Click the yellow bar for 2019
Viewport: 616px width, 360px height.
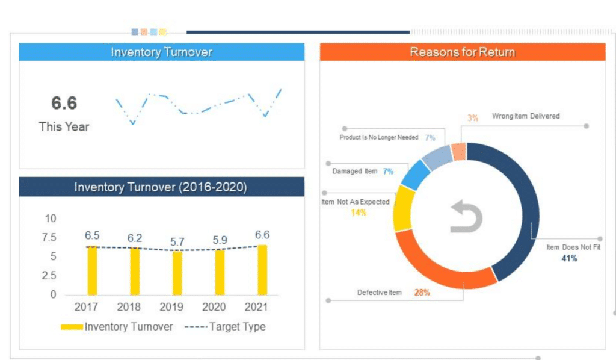click(177, 273)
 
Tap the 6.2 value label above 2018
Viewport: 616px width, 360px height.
click(135, 238)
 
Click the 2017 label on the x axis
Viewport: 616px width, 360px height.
click(86, 306)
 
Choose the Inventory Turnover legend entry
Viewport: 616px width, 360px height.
click(117, 327)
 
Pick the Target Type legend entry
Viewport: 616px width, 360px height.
click(225, 327)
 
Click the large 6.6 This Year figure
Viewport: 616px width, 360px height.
click(64, 103)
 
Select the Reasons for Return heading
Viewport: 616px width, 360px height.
click(462, 52)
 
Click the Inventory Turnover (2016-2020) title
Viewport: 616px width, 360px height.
click(161, 187)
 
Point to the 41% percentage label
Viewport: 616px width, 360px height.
click(569, 258)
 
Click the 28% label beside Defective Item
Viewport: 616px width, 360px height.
click(422, 293)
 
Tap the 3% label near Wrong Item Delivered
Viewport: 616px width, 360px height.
click(473, 118)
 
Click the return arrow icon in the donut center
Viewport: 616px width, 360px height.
click(467, 217)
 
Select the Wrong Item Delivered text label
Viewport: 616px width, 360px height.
click(526, 116)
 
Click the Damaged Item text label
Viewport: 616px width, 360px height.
click(355, 171)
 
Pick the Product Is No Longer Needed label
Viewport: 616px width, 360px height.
click(378, 137)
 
